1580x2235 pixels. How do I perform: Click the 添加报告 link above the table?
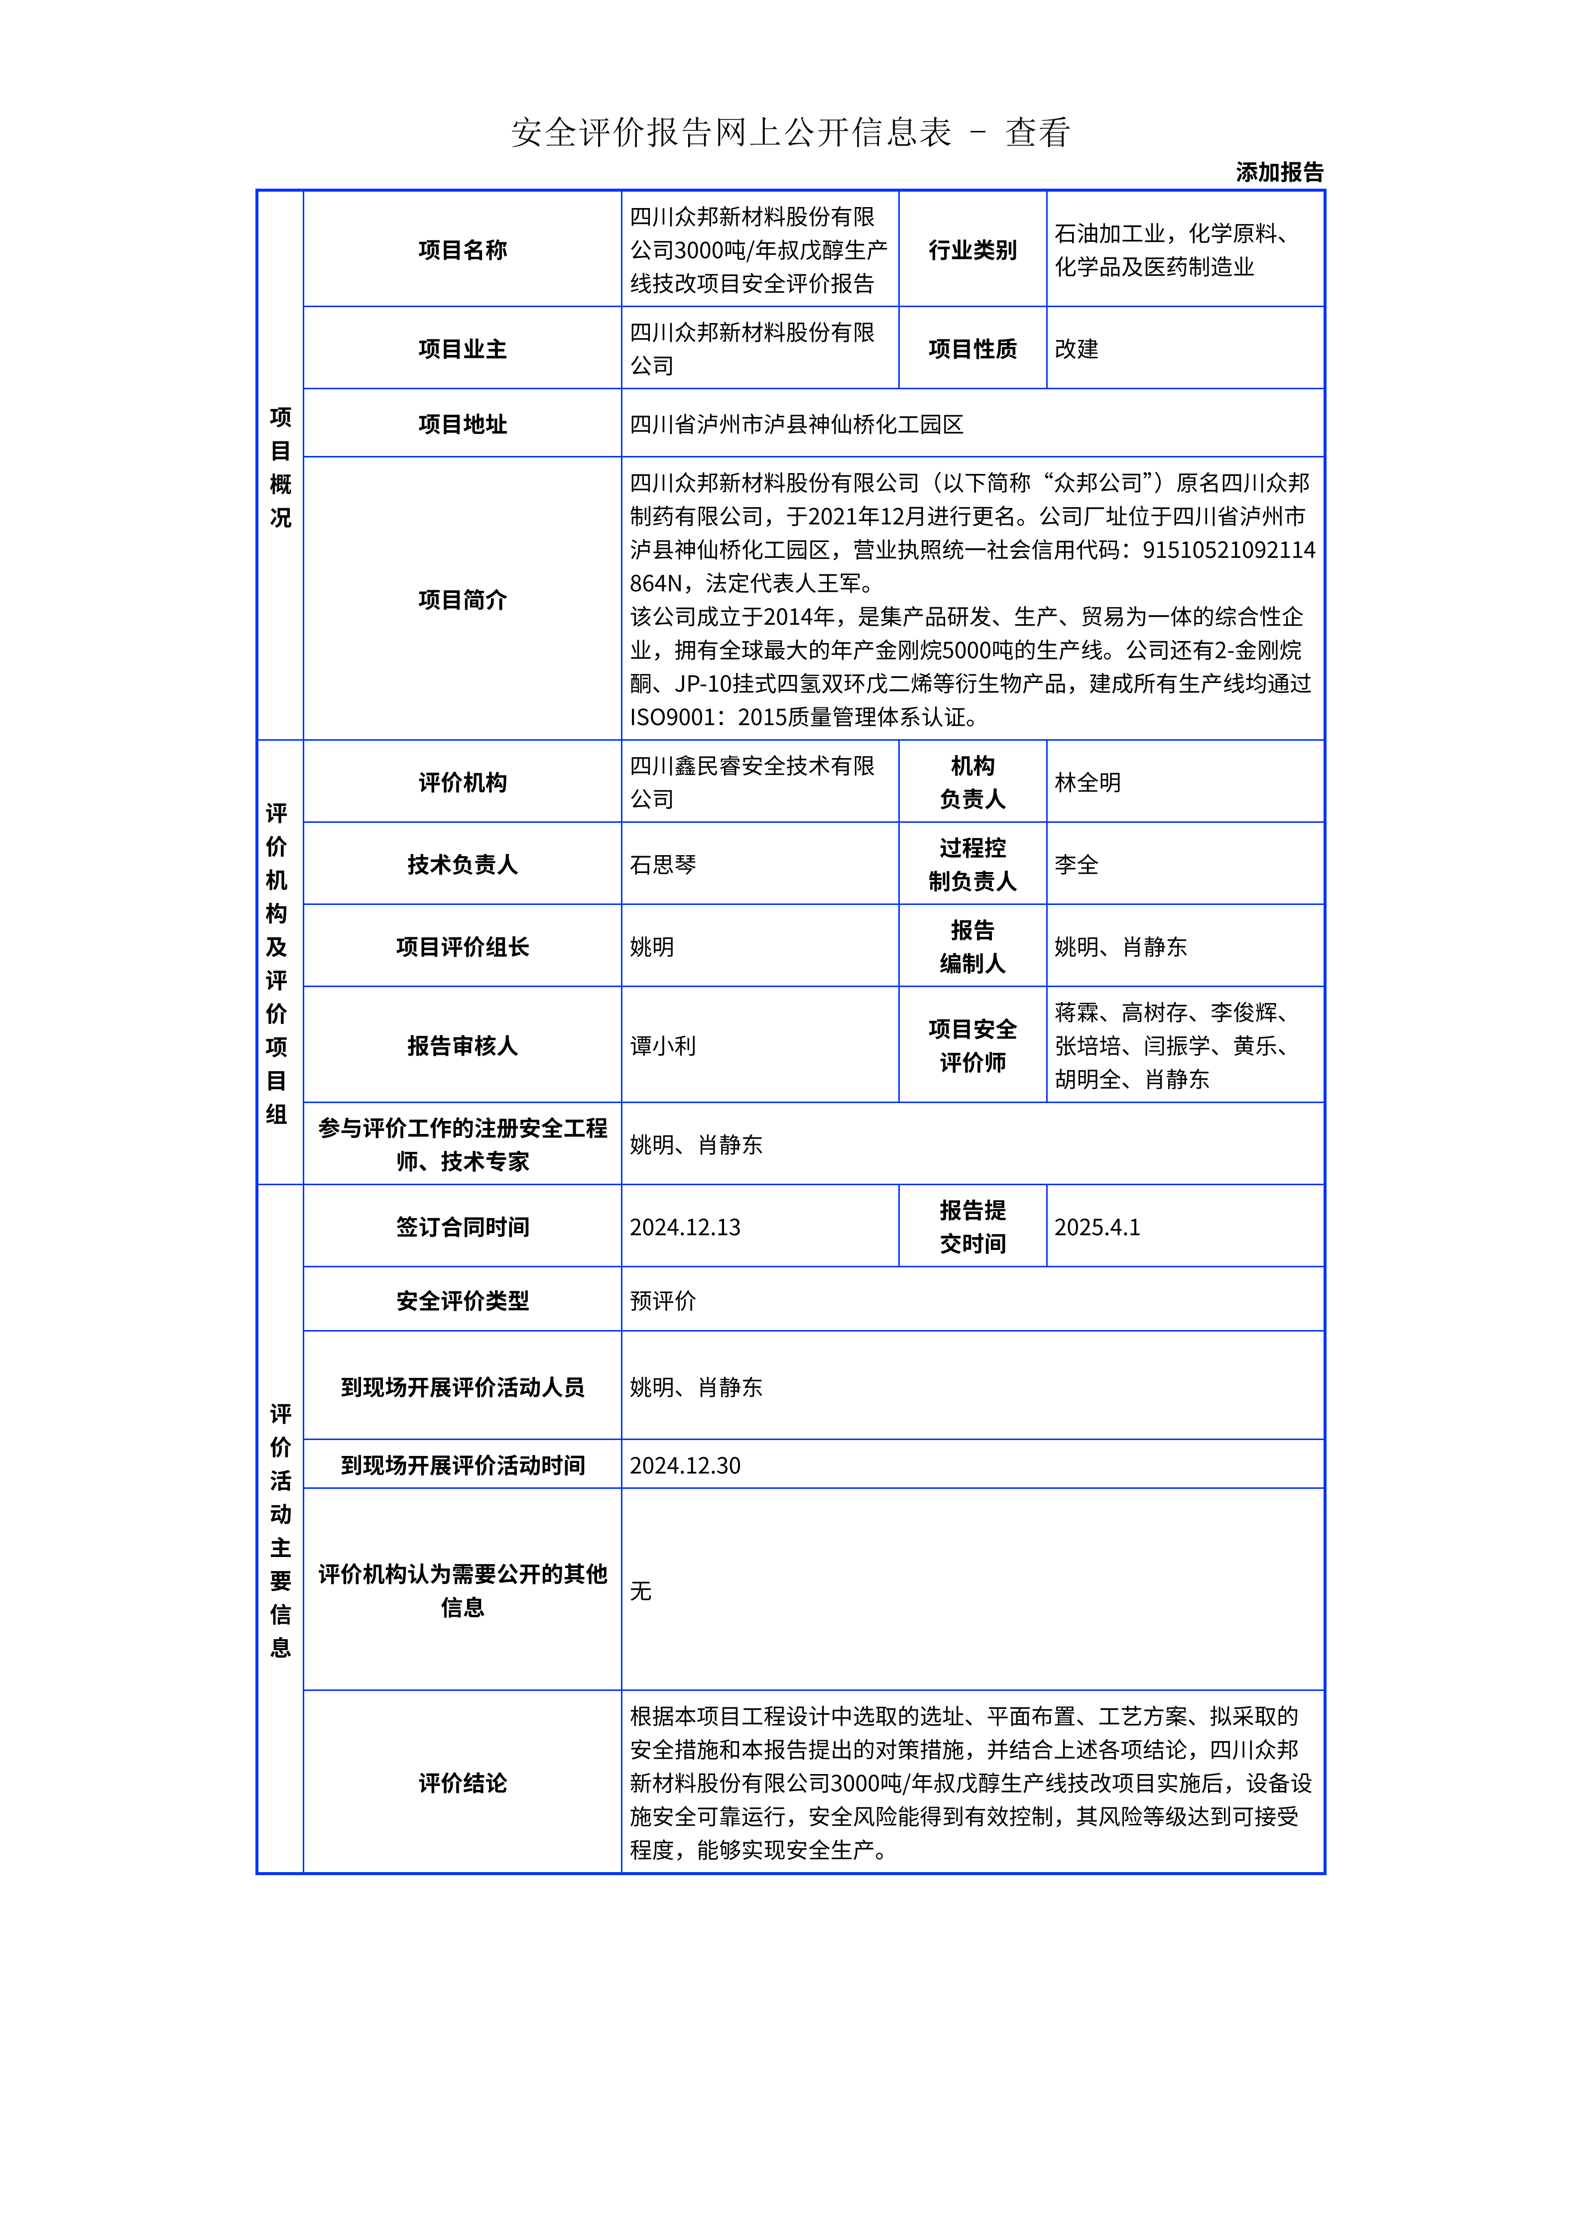click(1279, 172)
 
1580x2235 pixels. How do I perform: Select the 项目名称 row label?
click(463, 250)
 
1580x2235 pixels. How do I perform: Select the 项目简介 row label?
click(463, 600)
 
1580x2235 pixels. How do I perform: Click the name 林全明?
click(1088, 782)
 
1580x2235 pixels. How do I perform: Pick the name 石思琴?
click(663, 865)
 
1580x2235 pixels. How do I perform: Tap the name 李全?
click(1076, 865)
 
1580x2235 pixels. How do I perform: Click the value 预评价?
click(663, 1301)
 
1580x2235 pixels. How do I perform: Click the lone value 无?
click(640, 1590)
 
